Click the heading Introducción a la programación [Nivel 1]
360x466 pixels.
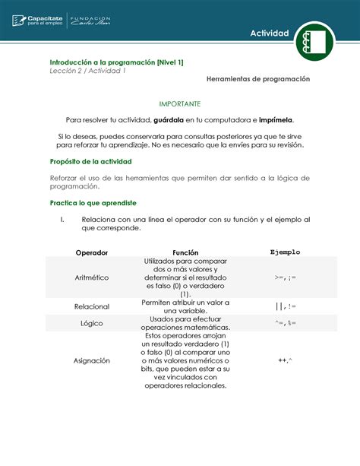[116, 62]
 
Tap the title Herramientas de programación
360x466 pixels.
[257, 79]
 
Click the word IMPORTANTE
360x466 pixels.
[179, 102]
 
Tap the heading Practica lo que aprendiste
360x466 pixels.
[93, 203]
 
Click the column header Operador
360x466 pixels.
[92, 252]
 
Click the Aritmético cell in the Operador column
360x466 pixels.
[92, 279]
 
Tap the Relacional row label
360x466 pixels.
[92, 306]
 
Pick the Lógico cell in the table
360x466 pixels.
[92, 323]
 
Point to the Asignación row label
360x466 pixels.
[92, 360]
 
